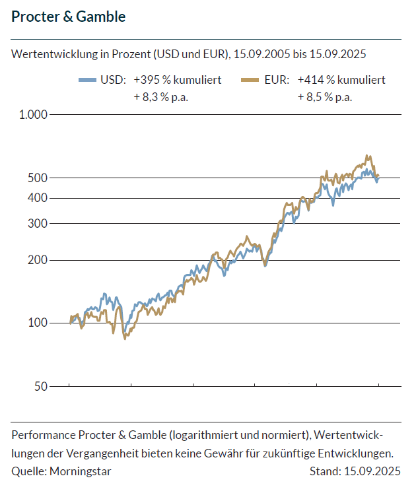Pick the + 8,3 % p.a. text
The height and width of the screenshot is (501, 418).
click(160, 97)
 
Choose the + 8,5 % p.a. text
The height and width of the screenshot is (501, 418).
click(325, 97)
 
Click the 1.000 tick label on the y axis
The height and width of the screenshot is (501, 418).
click(34, 115)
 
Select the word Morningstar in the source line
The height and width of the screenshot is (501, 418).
click(81, 471)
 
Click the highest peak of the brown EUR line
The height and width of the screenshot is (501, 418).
click(367, 156)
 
